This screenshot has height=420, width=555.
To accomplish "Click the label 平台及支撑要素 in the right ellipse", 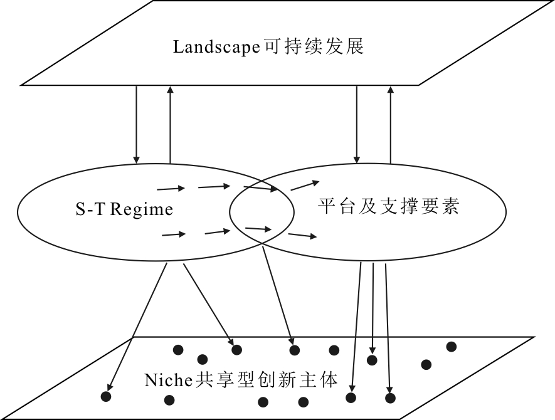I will (x=389, y=206).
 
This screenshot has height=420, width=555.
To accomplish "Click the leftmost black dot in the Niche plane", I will (x=106, y=396).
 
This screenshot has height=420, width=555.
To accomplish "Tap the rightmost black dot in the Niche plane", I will (x=451, y=347).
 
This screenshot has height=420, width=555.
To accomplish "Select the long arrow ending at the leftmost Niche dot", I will (x=138, y=326).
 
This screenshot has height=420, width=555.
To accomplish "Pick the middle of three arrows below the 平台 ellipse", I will (x=373, y=307).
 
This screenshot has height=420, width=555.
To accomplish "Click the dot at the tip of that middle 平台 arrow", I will (x=372, y=360).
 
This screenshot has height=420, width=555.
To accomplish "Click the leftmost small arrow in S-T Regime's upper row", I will (x=171, y=187).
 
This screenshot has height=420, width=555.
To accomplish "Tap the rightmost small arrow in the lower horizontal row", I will (x=302, y=236).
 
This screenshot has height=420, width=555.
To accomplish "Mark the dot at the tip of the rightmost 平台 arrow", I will (x=390, y=398).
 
